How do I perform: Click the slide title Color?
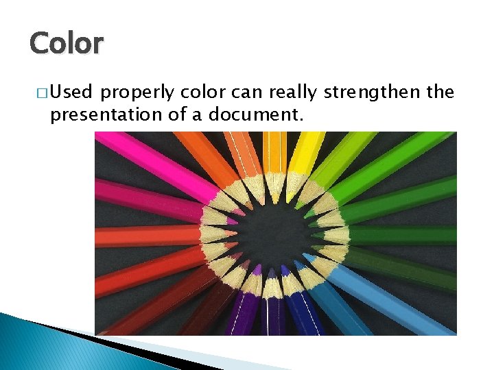click(x=66, y=42)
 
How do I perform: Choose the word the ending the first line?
click(x=440, y=92)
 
